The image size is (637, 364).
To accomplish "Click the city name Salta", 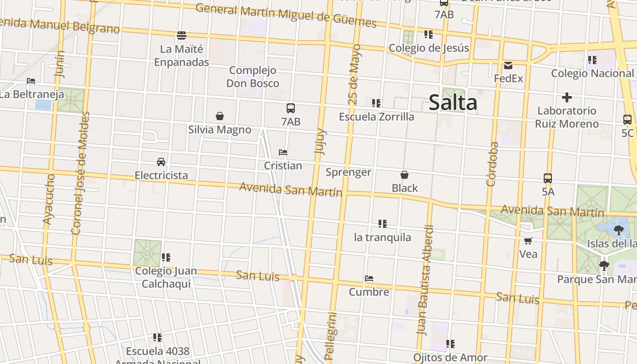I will [453, 102].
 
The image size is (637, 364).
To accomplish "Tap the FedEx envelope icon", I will [508, 66].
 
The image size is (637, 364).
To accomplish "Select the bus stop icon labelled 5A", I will [548, 178].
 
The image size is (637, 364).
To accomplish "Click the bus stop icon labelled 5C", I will [627, 120].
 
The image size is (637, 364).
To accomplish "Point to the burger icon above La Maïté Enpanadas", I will [182, 35].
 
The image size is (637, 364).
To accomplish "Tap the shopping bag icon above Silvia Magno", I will [220, 116].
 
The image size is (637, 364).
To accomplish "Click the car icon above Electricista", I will [161, 162].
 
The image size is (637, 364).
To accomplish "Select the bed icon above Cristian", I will [283, 152].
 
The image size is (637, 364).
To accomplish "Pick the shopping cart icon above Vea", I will [528, 240].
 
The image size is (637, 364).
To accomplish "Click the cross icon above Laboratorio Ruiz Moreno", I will [566, 97].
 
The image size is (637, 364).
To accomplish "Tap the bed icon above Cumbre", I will [369, 278].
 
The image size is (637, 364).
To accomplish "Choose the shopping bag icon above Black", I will [404, 175].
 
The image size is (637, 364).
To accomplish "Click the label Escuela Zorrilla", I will [377, 117].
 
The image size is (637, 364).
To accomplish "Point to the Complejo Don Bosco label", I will [253, 77].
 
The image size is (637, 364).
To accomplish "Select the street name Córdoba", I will [492, 164].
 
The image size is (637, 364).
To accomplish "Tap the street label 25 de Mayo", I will [354, 75].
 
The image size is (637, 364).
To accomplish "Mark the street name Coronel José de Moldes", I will [81, 173].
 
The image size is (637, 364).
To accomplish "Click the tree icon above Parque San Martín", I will [604, 265].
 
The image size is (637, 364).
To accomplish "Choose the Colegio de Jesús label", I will [429, 48].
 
